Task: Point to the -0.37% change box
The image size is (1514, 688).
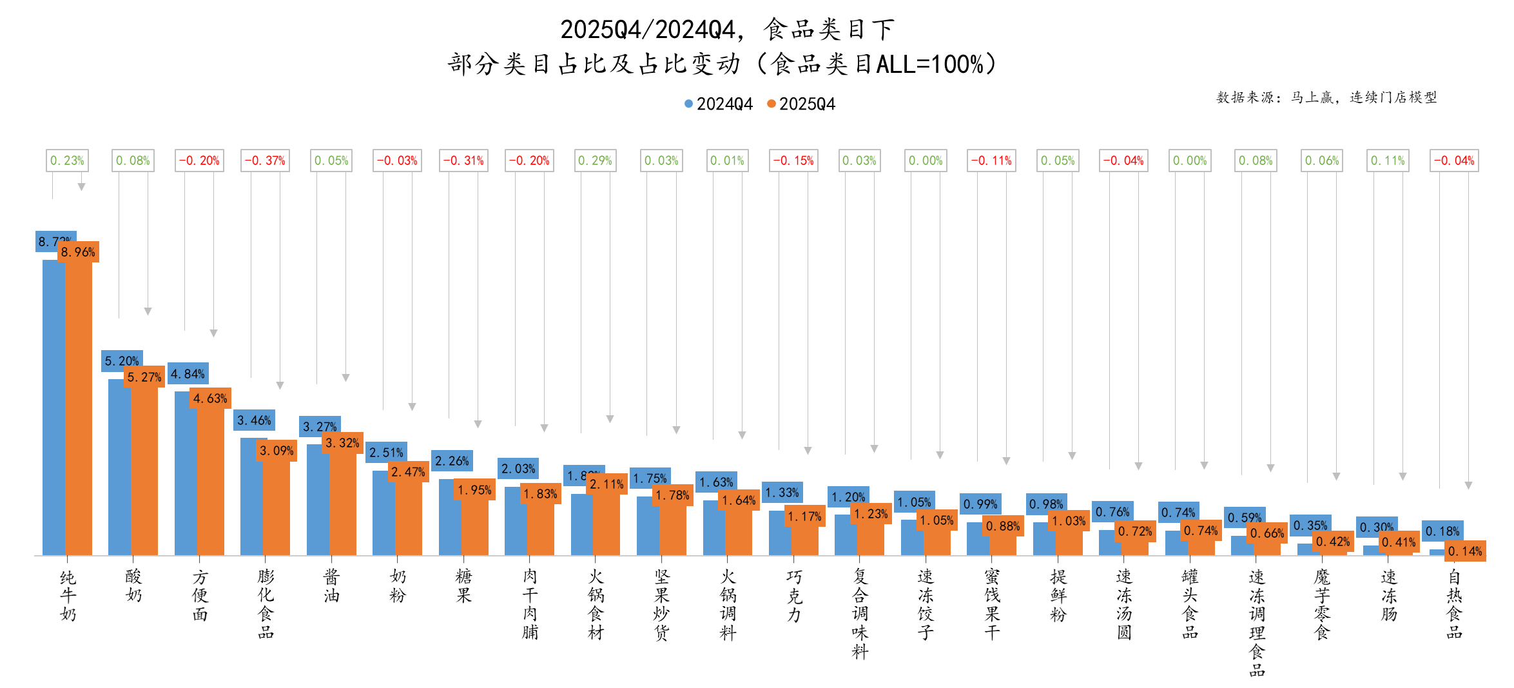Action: pos(265,161)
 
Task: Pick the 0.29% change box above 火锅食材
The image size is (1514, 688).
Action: pos(595,161)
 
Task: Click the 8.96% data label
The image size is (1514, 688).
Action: pos(78,252)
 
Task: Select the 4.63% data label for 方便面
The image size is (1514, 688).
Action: pos(210,398)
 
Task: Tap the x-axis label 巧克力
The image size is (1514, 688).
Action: pos(794,595)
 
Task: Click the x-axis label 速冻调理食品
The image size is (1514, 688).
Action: pos(1257,622)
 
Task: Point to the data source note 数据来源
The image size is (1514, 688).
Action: pos(1326,97)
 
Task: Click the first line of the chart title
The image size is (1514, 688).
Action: pos(727,30)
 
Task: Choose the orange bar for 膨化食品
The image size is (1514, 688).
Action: pos(277,506)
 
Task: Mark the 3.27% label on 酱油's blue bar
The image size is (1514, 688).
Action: pos(320,427)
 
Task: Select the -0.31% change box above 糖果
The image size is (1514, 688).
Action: pos(463,161)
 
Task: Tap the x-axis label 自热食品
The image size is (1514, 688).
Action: pos(1455,604)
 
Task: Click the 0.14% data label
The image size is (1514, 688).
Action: pos(1465,551)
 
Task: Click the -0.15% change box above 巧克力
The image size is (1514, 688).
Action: pos(793,161)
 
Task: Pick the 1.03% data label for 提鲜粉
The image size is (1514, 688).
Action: pos(1069,521)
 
